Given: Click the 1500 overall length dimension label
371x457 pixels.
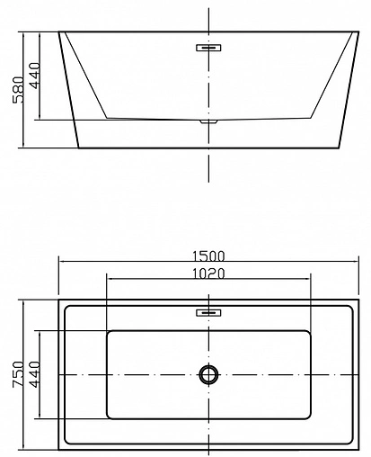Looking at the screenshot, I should (208, 254).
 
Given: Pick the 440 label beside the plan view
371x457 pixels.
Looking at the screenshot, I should (35, 373).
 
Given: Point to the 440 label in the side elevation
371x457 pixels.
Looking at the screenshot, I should (35, 76).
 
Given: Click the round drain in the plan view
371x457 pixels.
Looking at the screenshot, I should (209, 374).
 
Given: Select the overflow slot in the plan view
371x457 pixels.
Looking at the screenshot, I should (208, 312).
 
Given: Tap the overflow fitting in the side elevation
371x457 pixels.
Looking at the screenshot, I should (208, 47).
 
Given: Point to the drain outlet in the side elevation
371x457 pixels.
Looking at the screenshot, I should (208, 119).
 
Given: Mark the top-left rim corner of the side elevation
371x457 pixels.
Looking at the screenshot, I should (59, 33).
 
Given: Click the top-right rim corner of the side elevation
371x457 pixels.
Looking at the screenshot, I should (358, 33).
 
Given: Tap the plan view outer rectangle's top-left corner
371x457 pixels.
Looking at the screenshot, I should (59, 300).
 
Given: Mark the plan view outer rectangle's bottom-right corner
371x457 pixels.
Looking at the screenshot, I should (358, 448).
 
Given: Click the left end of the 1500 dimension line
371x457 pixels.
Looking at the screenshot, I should (59, 262).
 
